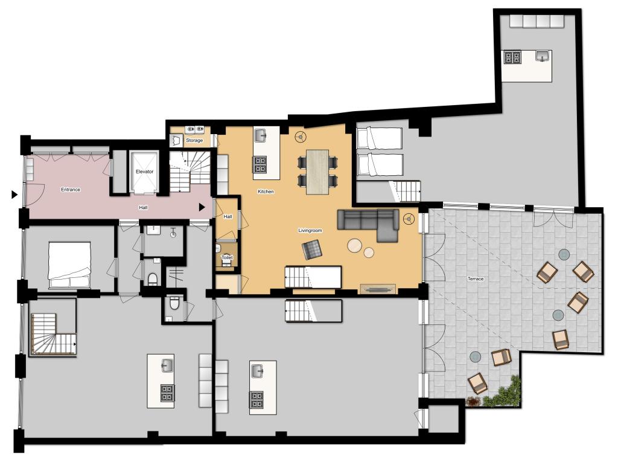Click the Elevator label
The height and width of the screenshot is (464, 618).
tap(144, 172)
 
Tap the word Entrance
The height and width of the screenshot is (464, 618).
tap(71, 190)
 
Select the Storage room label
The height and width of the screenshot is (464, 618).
tap(194, 140)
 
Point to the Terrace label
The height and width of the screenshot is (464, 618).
tap(476, 279)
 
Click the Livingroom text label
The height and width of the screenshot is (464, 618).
tap(310, 230)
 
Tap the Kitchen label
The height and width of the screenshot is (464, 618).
tap(266, 192)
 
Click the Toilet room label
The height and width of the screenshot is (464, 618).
tap(227, 257)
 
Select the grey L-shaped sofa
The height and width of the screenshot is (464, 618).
tap(369, 221)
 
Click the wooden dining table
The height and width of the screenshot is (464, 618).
tap(317, 172)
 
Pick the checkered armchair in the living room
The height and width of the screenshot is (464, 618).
tap(312, 250)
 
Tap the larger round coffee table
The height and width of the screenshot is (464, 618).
tap(355, 246)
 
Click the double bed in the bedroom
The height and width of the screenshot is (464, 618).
tap(69, 265)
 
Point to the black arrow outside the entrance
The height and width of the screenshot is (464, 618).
tap(14, 195)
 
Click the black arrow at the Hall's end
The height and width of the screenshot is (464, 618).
tap(202, 207)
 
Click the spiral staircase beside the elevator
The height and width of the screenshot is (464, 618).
tap(190, 172)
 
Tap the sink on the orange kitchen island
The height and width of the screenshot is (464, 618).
tap(261, 135)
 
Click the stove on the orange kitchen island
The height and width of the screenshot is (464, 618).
tap(260, 164)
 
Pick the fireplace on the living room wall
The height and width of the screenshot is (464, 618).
tap(378, 289)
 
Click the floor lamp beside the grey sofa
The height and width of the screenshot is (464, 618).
tap(409, 219)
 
